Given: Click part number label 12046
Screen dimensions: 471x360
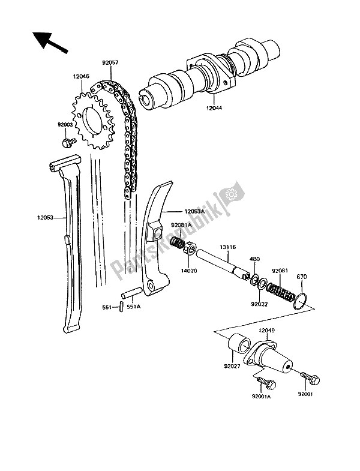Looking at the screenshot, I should click(82, 77).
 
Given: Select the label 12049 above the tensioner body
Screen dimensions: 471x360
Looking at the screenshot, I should click(266, 329).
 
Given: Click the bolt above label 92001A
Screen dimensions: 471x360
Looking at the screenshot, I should click(263, 381).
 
